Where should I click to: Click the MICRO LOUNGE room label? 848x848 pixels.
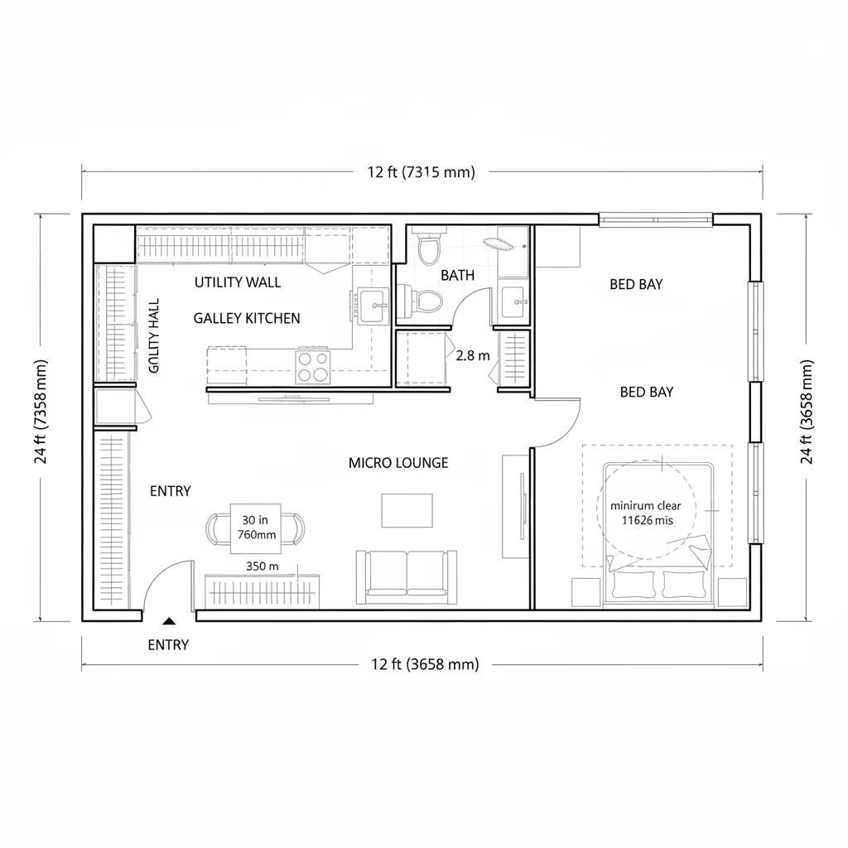click(398, 463)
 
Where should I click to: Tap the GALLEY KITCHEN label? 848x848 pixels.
click(247, 318)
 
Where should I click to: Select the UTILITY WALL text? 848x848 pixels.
click(238, 282)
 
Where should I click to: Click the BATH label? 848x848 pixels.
click(458, 276)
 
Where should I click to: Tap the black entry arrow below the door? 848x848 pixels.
click(169, 620)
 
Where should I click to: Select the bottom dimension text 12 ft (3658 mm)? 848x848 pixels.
click(425, 664)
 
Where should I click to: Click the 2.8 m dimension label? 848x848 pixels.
click(473, 355)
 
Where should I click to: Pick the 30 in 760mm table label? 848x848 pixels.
click(255, 528)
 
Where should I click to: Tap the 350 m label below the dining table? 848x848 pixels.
click(262, 566)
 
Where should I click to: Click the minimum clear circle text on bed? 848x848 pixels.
click(647, 513)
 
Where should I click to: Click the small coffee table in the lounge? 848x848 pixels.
click(407, 510)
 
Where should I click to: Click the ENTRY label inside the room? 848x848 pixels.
click(171, 491)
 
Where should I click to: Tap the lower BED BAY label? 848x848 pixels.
click(646, 393)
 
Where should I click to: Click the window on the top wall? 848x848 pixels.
click(656, 219)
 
